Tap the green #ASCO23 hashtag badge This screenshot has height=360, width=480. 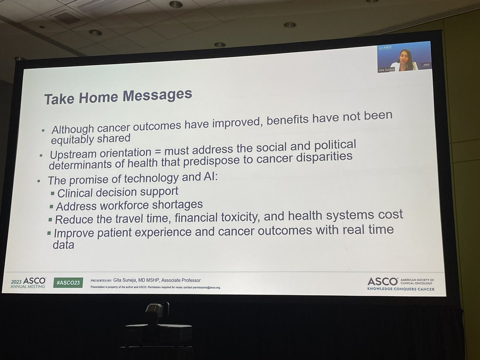[x=68, y=282]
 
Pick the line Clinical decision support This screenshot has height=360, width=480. [x=118, y=192]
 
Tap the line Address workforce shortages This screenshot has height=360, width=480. [x=129, y=206]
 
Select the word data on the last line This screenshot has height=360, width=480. [x=64, y=245]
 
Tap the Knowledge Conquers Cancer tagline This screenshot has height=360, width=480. [x=401, y=289]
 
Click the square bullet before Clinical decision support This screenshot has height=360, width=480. [x=52, y=193]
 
